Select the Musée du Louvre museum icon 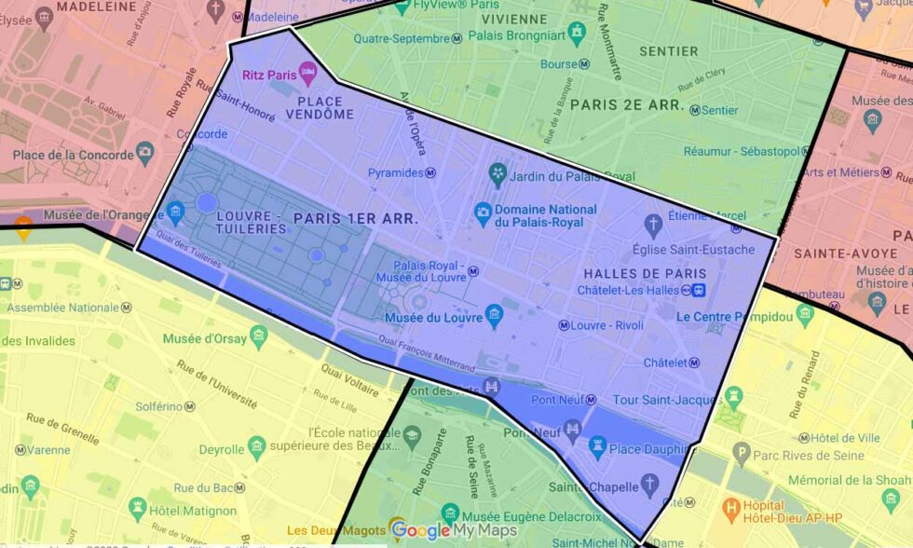click(x=495, y=317)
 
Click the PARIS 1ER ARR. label click(x=355, y=217)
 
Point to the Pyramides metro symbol click(x=430, y=173)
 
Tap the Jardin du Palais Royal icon click(x=497, y=174)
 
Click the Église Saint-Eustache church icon click(x=654, y=225)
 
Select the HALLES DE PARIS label click(x=645, y=274)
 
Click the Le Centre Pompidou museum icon click(x=806, y=317)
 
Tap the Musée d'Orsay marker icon click(x=259, y=336)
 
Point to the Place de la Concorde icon click(x=144, y=153)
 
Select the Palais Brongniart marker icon click(x=577, y=34)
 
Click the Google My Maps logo click(x=455, y=530)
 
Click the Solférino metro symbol click(x=190, y=407)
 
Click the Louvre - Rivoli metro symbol click(x=564, y=325)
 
